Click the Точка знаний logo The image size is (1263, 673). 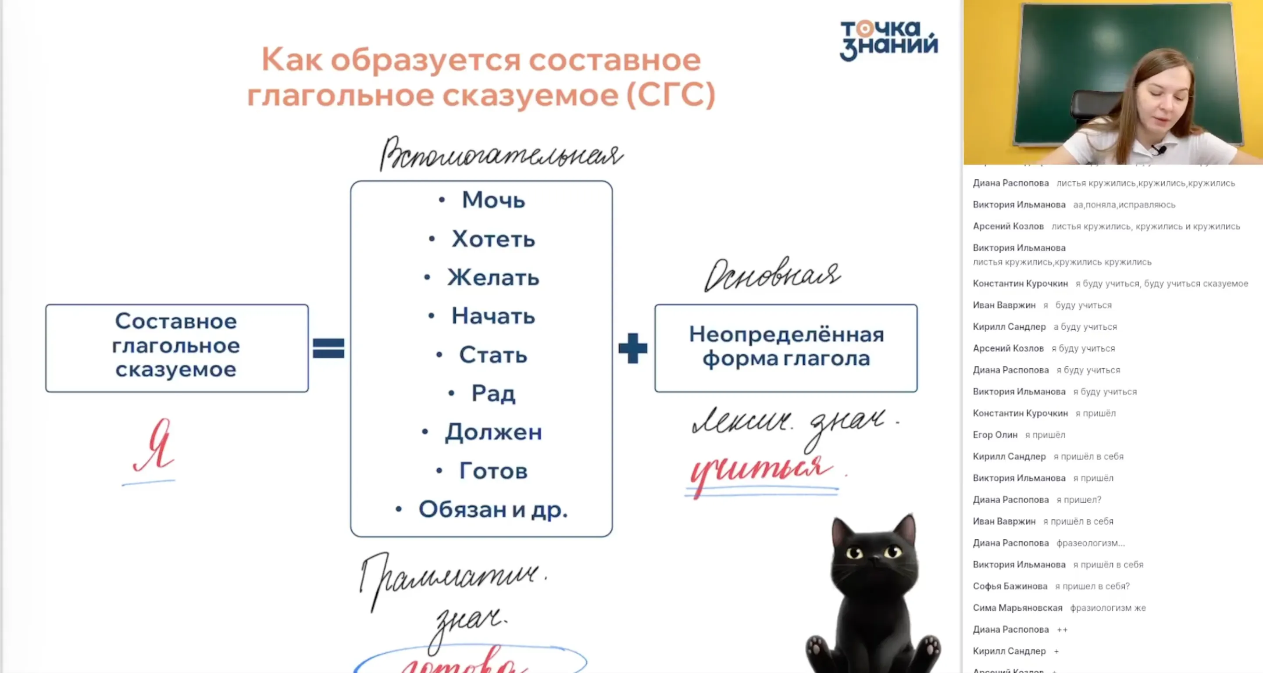(888, 40)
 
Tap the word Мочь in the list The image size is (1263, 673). (493, 200)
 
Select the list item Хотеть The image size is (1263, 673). (493, 240)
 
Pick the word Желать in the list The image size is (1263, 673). (493, 278)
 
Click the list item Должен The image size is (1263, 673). (493, 432)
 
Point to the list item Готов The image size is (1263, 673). (493, 471)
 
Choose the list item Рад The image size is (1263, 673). (493, 394)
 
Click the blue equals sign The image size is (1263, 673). (328, 348)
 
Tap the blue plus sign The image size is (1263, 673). (632, 348)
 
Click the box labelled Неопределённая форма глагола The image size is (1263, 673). (786, 348)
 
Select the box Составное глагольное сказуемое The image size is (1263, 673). (176, 348)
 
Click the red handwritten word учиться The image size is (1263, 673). (760, 469)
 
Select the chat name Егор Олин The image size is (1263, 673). (995, 435)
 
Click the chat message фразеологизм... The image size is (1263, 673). (1090, 543)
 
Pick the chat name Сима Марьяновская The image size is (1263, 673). (1017, 608)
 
